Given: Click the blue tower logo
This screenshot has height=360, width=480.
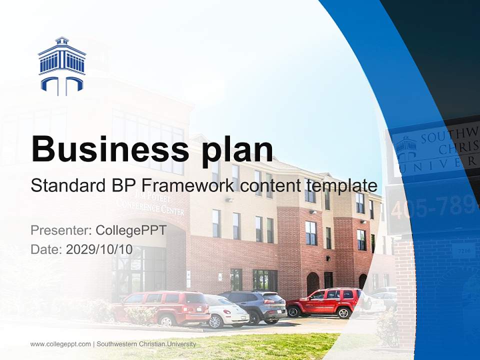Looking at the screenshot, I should [61, 66].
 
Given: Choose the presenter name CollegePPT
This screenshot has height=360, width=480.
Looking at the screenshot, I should [130, 230].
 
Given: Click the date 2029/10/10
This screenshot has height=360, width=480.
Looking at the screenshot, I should [99, 249].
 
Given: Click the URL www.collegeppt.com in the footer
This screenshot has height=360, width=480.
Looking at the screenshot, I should [60, 344].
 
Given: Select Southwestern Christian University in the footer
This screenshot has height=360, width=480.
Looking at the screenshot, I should [146, 344].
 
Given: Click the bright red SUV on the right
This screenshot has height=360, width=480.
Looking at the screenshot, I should [324, 302].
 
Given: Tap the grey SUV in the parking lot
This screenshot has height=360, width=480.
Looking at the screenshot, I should [255, 305].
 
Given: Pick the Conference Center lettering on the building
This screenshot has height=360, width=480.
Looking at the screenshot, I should [150, 205].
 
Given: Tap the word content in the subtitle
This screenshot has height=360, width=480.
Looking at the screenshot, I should [268, 185].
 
